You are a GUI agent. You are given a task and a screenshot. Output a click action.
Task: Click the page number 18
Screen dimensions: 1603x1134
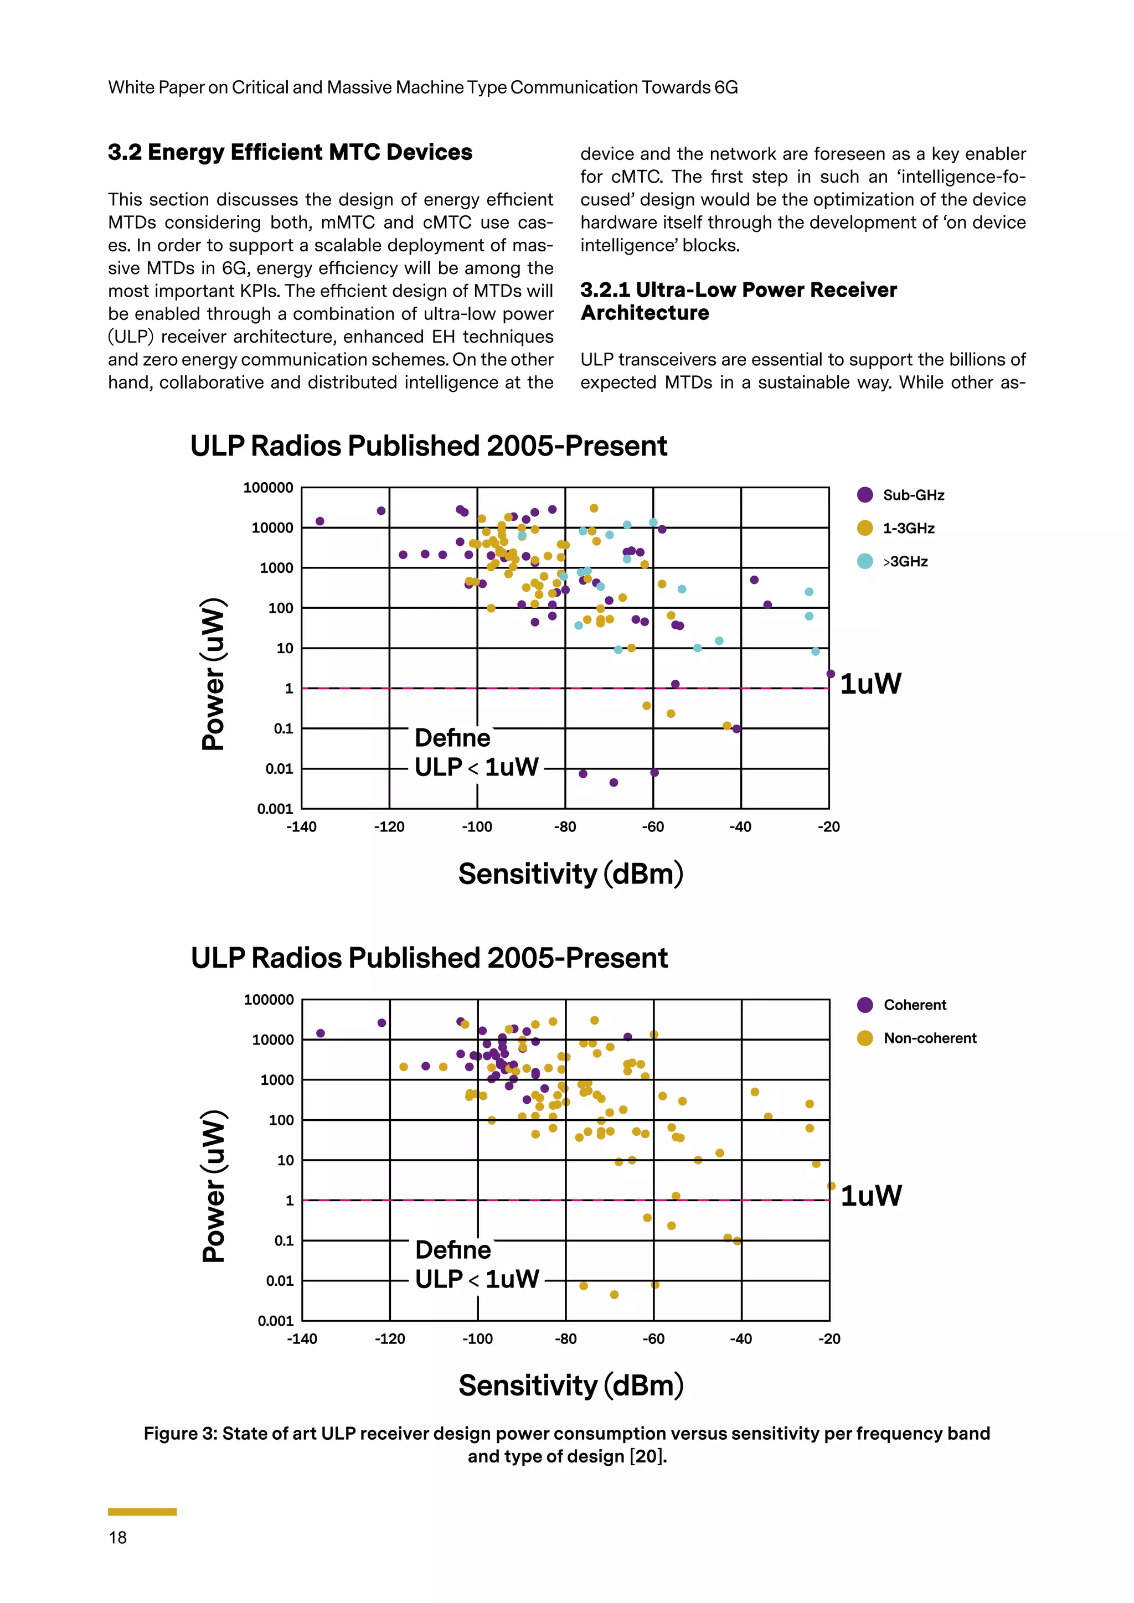click(x=117, y=1537)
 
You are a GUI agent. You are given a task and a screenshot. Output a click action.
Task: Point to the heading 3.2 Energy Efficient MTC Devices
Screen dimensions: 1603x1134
click(x=290, y=152)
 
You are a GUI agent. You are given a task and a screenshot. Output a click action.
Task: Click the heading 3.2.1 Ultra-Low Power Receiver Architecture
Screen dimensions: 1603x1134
click(x=738, y=301)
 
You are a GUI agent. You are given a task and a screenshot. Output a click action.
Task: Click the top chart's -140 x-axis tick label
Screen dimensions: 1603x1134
click(x=301, y=828)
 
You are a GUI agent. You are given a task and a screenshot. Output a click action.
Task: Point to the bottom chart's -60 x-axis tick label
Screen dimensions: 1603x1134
click(x=653, y=1339)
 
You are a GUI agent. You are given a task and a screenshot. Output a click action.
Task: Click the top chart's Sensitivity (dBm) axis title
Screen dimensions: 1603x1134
click(x=570, y=873)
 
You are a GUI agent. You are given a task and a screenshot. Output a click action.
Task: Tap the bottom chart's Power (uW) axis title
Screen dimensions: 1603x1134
click(x=214, y=1186)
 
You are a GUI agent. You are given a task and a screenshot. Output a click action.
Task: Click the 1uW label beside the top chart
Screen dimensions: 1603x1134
click(x=870, y=684)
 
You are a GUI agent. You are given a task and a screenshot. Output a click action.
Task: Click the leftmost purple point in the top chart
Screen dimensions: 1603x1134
click(x=320, y=521)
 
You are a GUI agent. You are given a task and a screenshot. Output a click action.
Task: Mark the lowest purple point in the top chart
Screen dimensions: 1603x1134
click(x=614, y=783)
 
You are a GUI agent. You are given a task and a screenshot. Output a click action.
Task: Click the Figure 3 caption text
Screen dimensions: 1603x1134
click(x=567, y=1445)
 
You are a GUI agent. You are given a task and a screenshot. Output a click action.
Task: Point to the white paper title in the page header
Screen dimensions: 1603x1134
click(x=422, y=87)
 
